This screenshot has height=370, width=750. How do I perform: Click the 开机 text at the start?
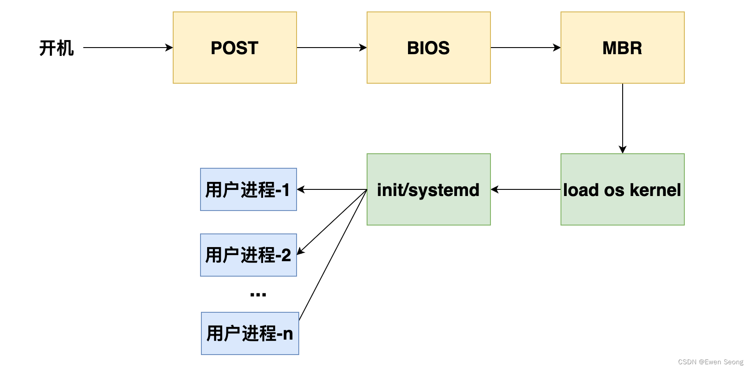(56, 48)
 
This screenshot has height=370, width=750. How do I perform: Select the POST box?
(234, 48)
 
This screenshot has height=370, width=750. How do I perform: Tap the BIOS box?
(428, 48)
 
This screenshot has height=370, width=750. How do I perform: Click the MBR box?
(622, 48)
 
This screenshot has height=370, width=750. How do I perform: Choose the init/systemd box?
(428, 190)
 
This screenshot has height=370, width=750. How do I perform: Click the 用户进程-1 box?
(248, 190)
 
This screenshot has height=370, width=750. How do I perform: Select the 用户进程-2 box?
(248, 255)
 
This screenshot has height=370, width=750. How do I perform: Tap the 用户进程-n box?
(250, 333)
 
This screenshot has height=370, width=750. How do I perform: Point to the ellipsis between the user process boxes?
(258, 294)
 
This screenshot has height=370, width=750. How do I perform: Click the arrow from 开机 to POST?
(128, 48)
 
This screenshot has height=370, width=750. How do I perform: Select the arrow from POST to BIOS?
(331, 48)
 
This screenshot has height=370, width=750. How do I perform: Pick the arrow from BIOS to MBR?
(525, 48)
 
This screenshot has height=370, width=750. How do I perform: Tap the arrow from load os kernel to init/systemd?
(525, 189)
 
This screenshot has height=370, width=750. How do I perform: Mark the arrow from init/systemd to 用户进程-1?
(331, 189)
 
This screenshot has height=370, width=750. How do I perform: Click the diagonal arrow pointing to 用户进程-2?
(332, 222)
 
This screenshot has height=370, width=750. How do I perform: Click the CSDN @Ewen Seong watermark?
(710, 362)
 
